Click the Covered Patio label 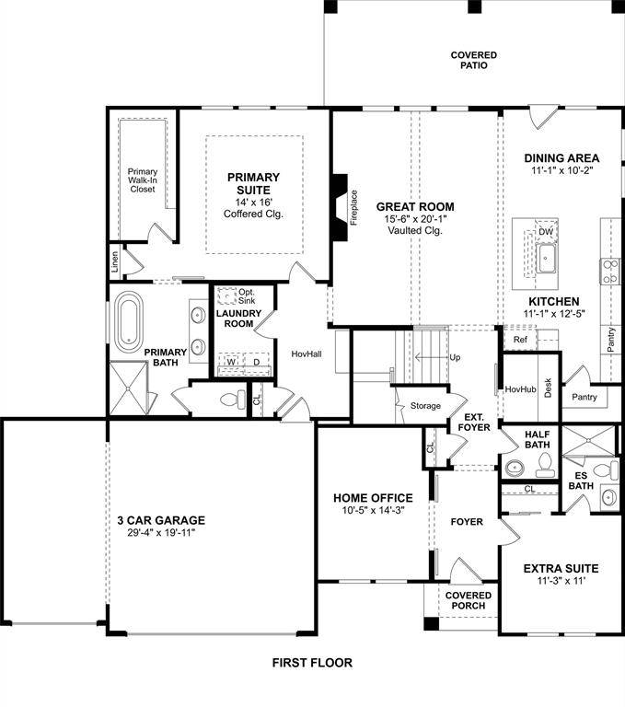pos(474,61)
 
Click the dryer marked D pos(256,363)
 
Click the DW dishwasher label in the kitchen pos(546,232)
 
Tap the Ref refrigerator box pos(520,340)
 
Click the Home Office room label pos(373,498)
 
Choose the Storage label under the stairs pos(425,406)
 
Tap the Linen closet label pos(115,263)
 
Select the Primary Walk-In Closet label pos(142,180)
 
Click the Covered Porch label pos(469,601)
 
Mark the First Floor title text pos(312,663)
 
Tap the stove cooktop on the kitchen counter pos(610,271)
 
